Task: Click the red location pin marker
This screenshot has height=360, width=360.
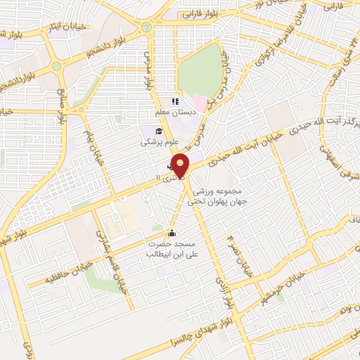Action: point(181,166)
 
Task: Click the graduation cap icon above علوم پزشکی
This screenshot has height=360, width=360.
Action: point(160,131)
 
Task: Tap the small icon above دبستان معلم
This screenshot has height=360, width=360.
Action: point(175,102)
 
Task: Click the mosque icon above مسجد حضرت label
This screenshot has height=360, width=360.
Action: point(171,233)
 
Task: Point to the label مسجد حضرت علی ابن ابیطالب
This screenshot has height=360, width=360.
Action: point(168,249)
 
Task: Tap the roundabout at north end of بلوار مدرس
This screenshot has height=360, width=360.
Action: point(146,27)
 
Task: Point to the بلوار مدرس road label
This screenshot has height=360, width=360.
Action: point(149,70)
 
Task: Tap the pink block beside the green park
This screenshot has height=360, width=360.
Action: point(200,103)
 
